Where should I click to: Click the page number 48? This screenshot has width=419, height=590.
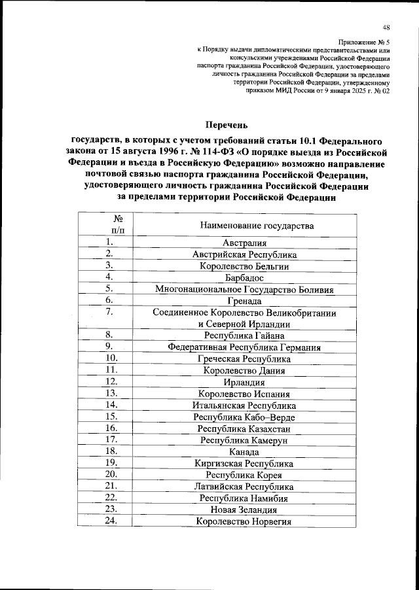[386, 27]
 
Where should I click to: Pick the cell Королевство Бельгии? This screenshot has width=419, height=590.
[244, 266]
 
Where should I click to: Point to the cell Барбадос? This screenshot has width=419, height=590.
[244, 278]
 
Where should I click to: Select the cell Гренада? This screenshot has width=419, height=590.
[244, 302]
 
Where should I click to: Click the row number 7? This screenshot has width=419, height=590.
[111, 313]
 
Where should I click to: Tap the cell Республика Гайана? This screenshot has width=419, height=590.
[244, 336]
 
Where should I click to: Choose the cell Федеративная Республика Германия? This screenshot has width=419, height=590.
[244, 348]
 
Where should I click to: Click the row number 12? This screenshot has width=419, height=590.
[111, 382]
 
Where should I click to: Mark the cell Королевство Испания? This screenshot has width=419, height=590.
[244, 394]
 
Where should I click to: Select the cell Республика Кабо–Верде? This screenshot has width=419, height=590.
[244, 417]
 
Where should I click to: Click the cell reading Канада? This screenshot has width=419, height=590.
[244, 452]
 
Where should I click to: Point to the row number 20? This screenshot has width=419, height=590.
[111, 474]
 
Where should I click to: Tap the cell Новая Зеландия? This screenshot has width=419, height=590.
[244, 510]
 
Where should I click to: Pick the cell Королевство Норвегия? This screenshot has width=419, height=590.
[244, 521]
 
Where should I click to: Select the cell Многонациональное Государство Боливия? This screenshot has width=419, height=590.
[244, 290]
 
